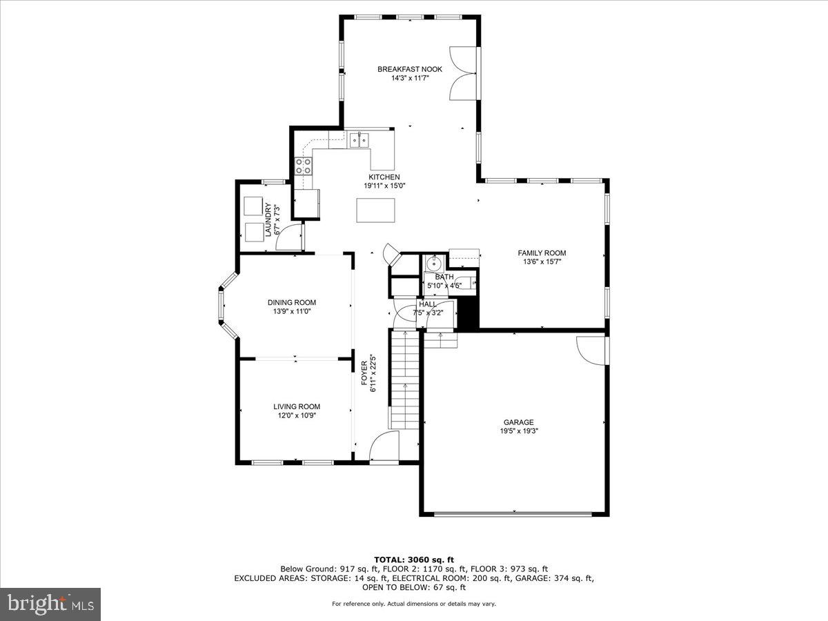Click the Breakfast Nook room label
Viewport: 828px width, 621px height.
click(x=409, y=69)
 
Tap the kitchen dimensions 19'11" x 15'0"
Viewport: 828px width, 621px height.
click(x=384, y=186)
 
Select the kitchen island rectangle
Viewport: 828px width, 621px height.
click(x=376, y=210)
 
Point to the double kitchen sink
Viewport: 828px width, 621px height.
click(x=359, y=140)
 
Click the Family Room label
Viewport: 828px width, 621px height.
click(x=542, y=253)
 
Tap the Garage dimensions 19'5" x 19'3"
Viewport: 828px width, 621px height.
click(x=518, y=431)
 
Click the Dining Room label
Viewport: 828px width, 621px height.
click(x=292, y=302)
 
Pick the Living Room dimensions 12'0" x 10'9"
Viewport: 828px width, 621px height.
click(x=296, y=415)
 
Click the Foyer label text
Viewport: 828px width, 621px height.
click(x=365, y=375)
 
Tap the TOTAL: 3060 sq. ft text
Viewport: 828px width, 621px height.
click(x=413, y=560)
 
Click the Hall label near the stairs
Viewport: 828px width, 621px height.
click(x=427, y=304)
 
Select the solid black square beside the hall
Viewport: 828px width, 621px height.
click(x=469, y=314)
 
